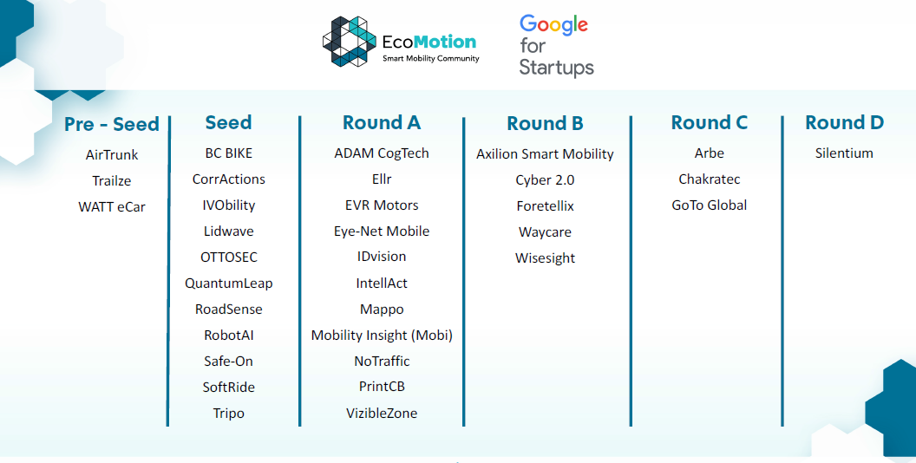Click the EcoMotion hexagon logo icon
click(x=350, y=42)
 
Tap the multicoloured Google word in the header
click(x=553, y=25)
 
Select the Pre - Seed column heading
click(x=112, y=124)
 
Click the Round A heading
click(x=382, y=122)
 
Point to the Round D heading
click(x=844, y=122)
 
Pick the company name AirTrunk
click(x=112, y=154)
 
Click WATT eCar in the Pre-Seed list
click(x=112, y=206)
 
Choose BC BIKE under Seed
click(x=228, y=153)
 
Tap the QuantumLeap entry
click(x=228, y=284)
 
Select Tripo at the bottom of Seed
click(x=228, y=414)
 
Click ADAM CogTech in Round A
click(x=382, y=153)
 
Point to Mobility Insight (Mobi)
click(x=382, y=336)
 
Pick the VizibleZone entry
click(x=382, y=414)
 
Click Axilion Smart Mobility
click(x=545, y=154)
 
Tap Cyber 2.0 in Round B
click(x=545, y=179)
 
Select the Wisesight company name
click(x=545, y=258)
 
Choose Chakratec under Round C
click(x=710, y=179)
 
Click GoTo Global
click(x=710, y=205)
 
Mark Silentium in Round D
click(x=844, y=153)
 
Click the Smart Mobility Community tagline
click(x=430, y=58)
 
